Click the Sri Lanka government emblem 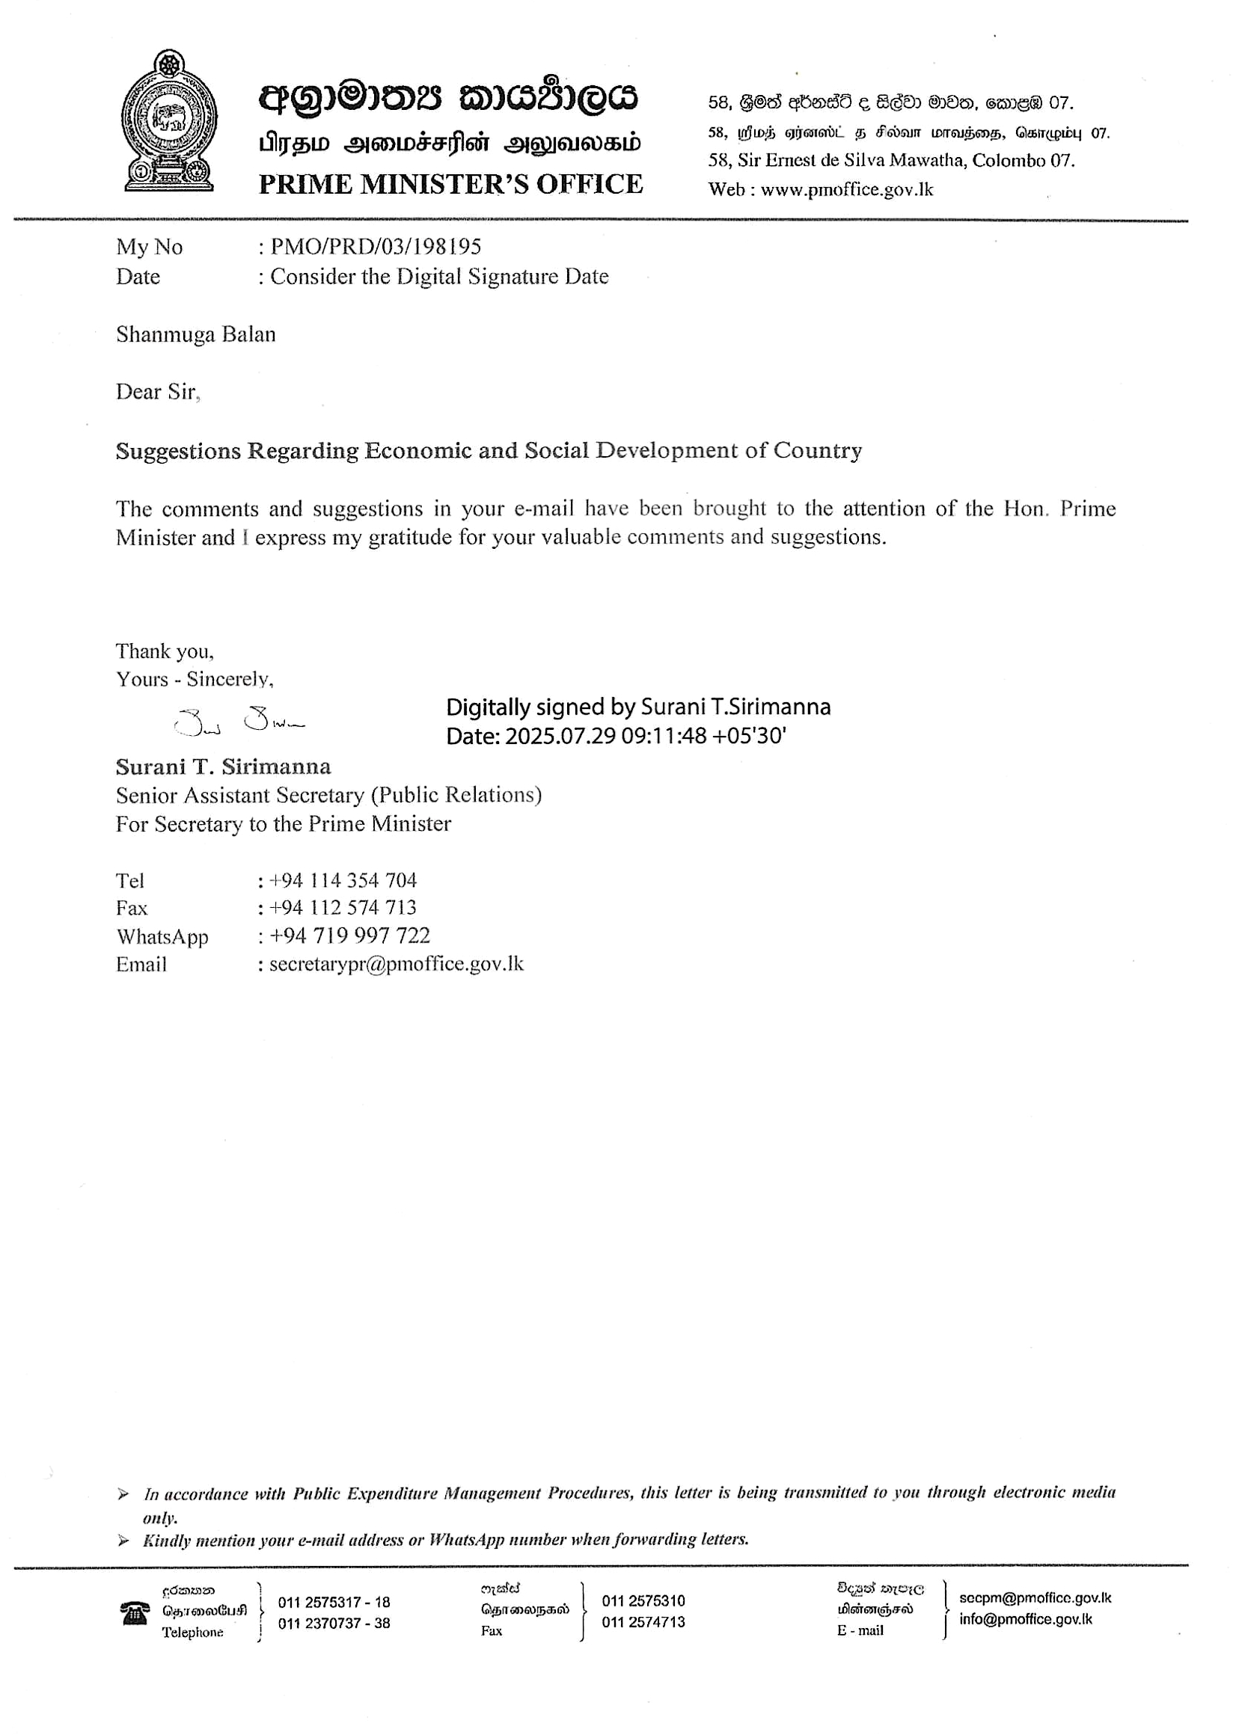168,120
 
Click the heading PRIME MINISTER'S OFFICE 450,185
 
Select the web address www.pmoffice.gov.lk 846,190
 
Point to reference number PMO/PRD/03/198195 376,247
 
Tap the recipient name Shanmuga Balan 196,335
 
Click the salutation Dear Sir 157,392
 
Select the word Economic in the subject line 418,451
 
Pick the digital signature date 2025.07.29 560,736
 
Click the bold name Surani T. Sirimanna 223,767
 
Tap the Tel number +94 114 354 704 343,880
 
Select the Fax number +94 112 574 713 343,908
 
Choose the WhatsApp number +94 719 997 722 350,936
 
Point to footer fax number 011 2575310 643,1600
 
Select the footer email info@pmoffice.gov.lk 1025,1619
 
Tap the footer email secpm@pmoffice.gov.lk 1034,1597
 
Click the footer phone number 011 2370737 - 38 334,1623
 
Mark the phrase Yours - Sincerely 195,679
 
